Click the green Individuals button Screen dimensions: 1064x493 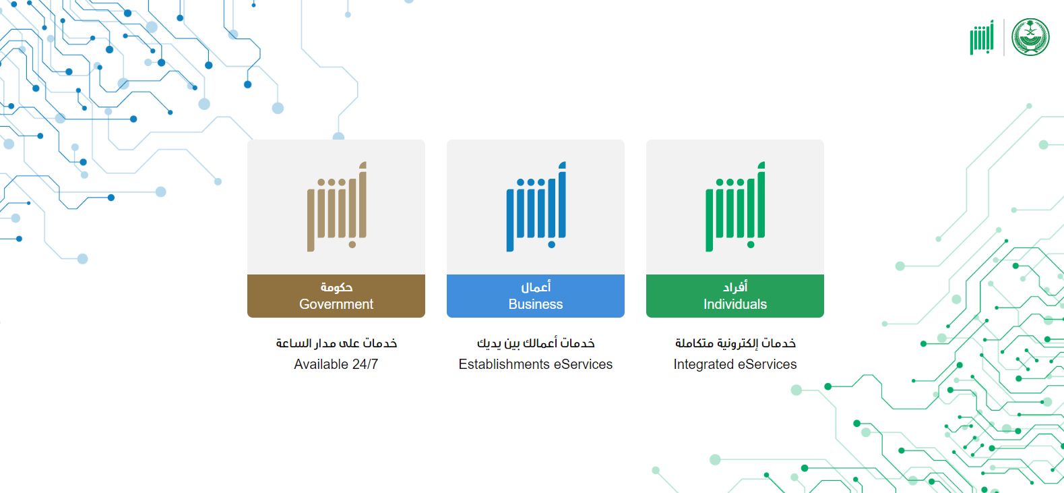pos(734,295)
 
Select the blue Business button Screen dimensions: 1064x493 pos(535,295)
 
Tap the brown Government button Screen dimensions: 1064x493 pos(336,295)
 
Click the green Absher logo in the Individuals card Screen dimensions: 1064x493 pos(734,206)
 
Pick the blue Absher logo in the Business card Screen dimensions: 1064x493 pos(536,206)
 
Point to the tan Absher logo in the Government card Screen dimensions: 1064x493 pos(336,206)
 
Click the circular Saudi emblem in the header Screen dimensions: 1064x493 pos(1030,37)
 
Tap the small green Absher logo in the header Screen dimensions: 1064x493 pos(982,37)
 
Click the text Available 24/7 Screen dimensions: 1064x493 pos(336,364)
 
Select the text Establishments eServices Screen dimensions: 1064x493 pos(535,364)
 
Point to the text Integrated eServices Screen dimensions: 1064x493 pos(734,364)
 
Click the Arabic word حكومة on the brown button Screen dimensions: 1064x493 pos(336,287)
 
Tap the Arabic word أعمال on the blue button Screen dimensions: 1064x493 pos(536,287)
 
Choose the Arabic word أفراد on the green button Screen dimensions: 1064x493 pos(735,287)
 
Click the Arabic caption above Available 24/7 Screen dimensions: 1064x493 pos(336,343)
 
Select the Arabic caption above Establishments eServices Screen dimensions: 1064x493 pos(536,343)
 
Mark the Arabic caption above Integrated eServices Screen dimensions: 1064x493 pos(735,343)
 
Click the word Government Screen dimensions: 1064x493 pos(336,304)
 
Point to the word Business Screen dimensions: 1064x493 pos(535,304)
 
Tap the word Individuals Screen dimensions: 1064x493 pos(734,304)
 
